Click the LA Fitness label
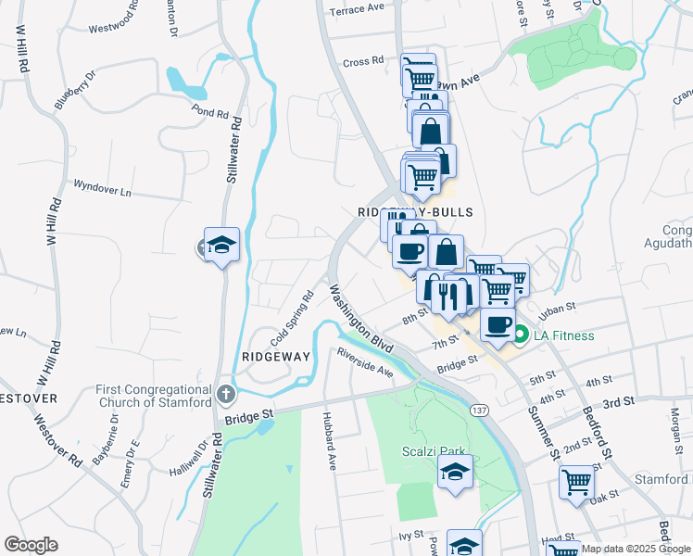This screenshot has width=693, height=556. pyautogui.click(x=562, y=335)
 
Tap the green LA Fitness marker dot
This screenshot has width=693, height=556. pyautogui.click(x=521, y=335)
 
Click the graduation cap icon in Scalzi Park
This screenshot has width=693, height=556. pyautogui.click(x=456, y=471)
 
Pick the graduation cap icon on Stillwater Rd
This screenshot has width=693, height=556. pyautogui.click(x=221, y=246)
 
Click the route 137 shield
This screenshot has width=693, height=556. pyautogui.click(x=480, y=410)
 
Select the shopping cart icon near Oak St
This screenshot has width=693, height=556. pyautogui.click(x=576, y=482)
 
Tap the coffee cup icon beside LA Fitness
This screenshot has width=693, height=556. pyautogui.click(x=498, y=324)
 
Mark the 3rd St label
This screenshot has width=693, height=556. pyautogui.click(x=617, y=403)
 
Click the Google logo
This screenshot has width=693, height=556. pyautogui.click(x=31, y=545)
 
